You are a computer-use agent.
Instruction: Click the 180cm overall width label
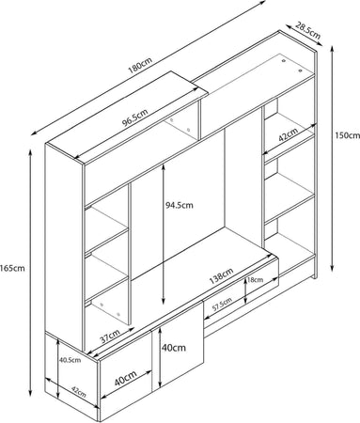(140, 66)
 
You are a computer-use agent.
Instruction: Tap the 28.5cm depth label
(308, 30)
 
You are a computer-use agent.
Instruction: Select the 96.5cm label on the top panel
(135, 117)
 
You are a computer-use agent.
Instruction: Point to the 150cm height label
(348, 135)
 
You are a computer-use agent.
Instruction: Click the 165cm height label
(12, 268)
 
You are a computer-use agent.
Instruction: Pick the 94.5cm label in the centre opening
(180, 205)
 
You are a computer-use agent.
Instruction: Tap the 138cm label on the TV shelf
(221, 276)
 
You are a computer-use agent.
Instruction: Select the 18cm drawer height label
(256, 280)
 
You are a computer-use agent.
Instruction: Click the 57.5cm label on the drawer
(222, 305)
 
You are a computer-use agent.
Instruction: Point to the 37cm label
(110, 337)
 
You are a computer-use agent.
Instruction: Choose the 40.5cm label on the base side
(70, 360)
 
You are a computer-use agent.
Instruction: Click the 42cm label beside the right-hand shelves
(288, 135)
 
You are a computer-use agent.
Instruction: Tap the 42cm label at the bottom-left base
(79, 392)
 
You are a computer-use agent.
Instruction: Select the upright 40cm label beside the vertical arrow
(174, 348)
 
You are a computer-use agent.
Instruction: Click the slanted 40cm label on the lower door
(126, 379)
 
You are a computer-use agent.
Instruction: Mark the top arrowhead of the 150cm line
(333, 48)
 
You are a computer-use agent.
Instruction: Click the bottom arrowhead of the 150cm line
(333, 269)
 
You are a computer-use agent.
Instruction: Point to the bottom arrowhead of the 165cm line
(30, 393)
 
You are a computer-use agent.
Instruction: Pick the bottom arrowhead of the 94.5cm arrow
(164, 302)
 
